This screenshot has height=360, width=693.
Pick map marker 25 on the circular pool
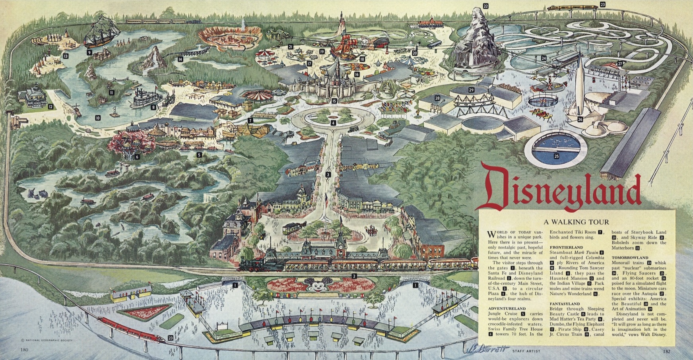point(556,156)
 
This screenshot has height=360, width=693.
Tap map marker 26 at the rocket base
point(580,120)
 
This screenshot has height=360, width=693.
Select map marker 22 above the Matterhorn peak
point(485,6)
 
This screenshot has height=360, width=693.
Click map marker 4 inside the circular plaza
point(333,123)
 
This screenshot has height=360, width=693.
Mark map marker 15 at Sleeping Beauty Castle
point(334,101)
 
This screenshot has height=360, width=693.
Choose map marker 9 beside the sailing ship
point(89,52)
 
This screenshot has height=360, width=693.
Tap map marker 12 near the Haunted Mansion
point(50,106)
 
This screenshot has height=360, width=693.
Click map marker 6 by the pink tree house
point(137,157)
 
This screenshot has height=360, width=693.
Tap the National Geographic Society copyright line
point(43,341)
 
